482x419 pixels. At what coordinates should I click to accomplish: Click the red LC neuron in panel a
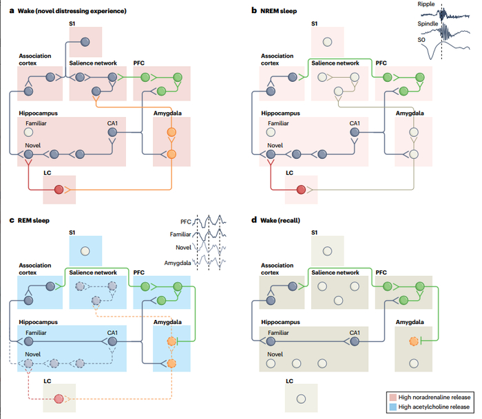point(59,189)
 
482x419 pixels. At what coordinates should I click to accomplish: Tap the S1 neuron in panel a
point(84,43)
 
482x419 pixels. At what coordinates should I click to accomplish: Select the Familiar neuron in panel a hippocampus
point(28,131)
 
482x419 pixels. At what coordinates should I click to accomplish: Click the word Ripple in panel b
point(427,5)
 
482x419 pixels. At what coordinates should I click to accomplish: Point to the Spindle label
point(428,23)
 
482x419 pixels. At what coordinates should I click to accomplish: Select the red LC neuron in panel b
point(300,189)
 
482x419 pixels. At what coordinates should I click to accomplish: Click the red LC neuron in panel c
point(59,399)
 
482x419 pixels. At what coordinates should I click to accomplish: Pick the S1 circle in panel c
point(84,252)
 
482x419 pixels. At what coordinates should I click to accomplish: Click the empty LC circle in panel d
point(300,398)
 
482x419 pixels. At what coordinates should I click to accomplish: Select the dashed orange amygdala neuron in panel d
point(413,341)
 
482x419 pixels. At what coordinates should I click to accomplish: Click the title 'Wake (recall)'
point(279,220)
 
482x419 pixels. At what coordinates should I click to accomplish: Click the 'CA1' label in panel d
point(355,333)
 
